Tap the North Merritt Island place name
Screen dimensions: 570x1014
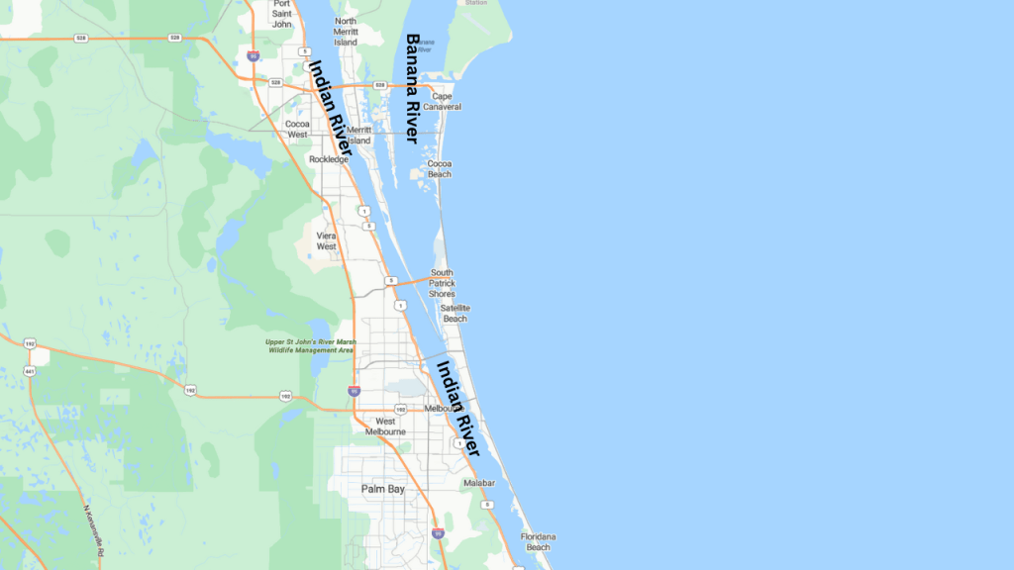point(346,32)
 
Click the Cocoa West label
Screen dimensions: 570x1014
point(297,129)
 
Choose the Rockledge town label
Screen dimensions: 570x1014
point(329,158)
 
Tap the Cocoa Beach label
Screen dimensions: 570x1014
point(440,168)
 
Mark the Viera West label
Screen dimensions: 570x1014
point(327,240)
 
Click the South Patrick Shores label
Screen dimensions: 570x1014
point(442,283)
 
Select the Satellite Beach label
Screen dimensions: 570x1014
point(455,313)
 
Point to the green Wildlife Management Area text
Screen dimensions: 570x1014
point(309,346)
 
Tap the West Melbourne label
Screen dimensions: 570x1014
point(384,427)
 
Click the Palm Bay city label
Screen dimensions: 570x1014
point(383,489)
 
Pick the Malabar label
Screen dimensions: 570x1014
point(478,483)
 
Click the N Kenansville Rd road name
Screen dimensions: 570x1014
point(94,530)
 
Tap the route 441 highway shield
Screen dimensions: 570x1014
point(30,371)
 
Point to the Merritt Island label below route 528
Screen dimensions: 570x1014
point(358,135)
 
